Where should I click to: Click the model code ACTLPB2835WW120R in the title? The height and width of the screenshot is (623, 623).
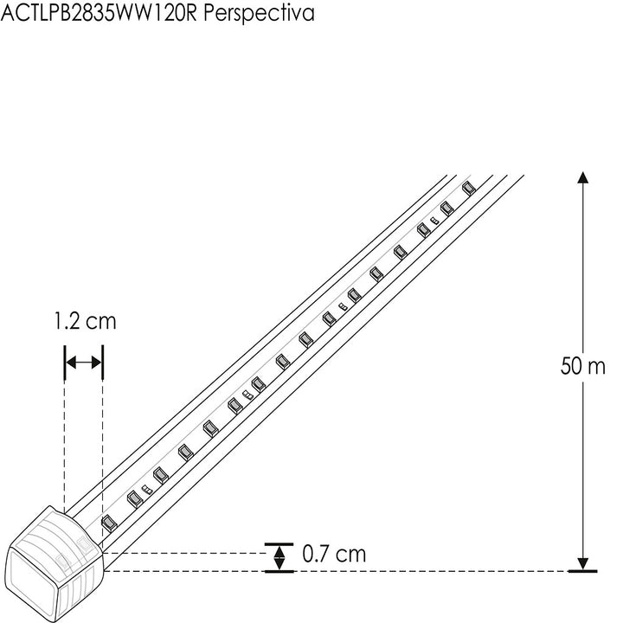[x=103, y=14]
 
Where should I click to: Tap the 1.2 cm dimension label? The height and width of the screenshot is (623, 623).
[x=84, y=322]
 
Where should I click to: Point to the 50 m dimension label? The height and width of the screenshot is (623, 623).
[x=583, y=366]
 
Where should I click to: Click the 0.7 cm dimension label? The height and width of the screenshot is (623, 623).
[x=334, y=555]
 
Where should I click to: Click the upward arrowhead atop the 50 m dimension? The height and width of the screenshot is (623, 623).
[x=583, y=177]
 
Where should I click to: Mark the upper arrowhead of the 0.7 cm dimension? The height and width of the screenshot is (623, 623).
[x=278, y=547]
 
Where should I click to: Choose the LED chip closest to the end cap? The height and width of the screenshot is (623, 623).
[x=108, y=523]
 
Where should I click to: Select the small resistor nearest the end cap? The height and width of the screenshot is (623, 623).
[x=146, y=491]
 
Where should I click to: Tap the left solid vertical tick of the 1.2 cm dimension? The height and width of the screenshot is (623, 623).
[x=65, y=363]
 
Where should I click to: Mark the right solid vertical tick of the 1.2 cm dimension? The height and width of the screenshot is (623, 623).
[x=103, y=363]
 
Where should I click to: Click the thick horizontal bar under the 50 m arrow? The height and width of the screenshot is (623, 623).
[x=583, y=572]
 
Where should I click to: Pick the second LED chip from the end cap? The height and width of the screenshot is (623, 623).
[x=134, y=499]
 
